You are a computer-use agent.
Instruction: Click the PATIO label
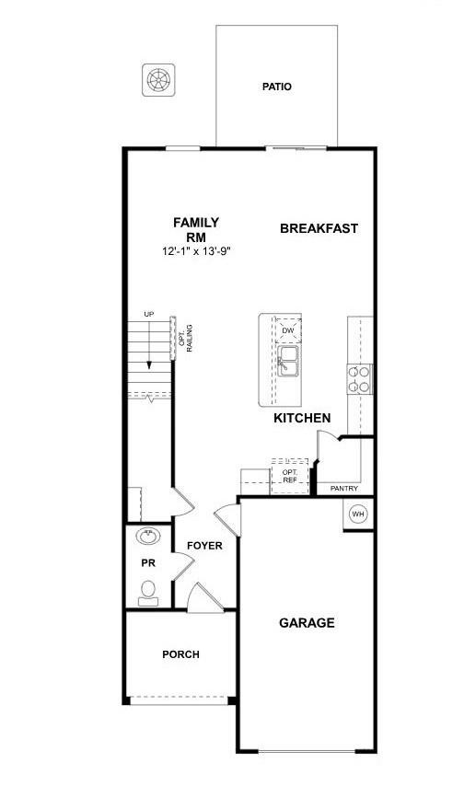(276, 87)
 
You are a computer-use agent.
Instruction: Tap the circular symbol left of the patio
(157, 79)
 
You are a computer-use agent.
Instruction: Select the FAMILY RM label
(196, 229)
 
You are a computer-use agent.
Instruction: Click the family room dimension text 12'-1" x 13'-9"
(196, 250)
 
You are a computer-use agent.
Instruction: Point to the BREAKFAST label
(319, 228)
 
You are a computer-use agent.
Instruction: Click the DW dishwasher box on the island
(287, 330)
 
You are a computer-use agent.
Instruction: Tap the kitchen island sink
(287, 361)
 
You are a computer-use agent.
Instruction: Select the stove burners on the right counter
(359, 379)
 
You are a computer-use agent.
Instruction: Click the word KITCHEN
(302, 418)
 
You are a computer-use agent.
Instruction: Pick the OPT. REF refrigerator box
(290, 475)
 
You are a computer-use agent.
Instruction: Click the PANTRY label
(343, 489)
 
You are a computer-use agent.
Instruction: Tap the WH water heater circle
(358, 514)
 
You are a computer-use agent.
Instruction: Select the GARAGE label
(307, 623)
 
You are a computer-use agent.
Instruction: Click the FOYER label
(204, 546)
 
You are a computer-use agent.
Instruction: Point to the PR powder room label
(146, 562)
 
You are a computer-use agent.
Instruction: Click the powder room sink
(147, 536)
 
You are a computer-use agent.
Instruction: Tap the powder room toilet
(147, 593)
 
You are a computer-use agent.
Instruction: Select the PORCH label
(180, 654)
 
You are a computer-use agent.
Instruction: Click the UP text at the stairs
(148, 316)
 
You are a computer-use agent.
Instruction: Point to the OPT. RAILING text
(187, 338)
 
